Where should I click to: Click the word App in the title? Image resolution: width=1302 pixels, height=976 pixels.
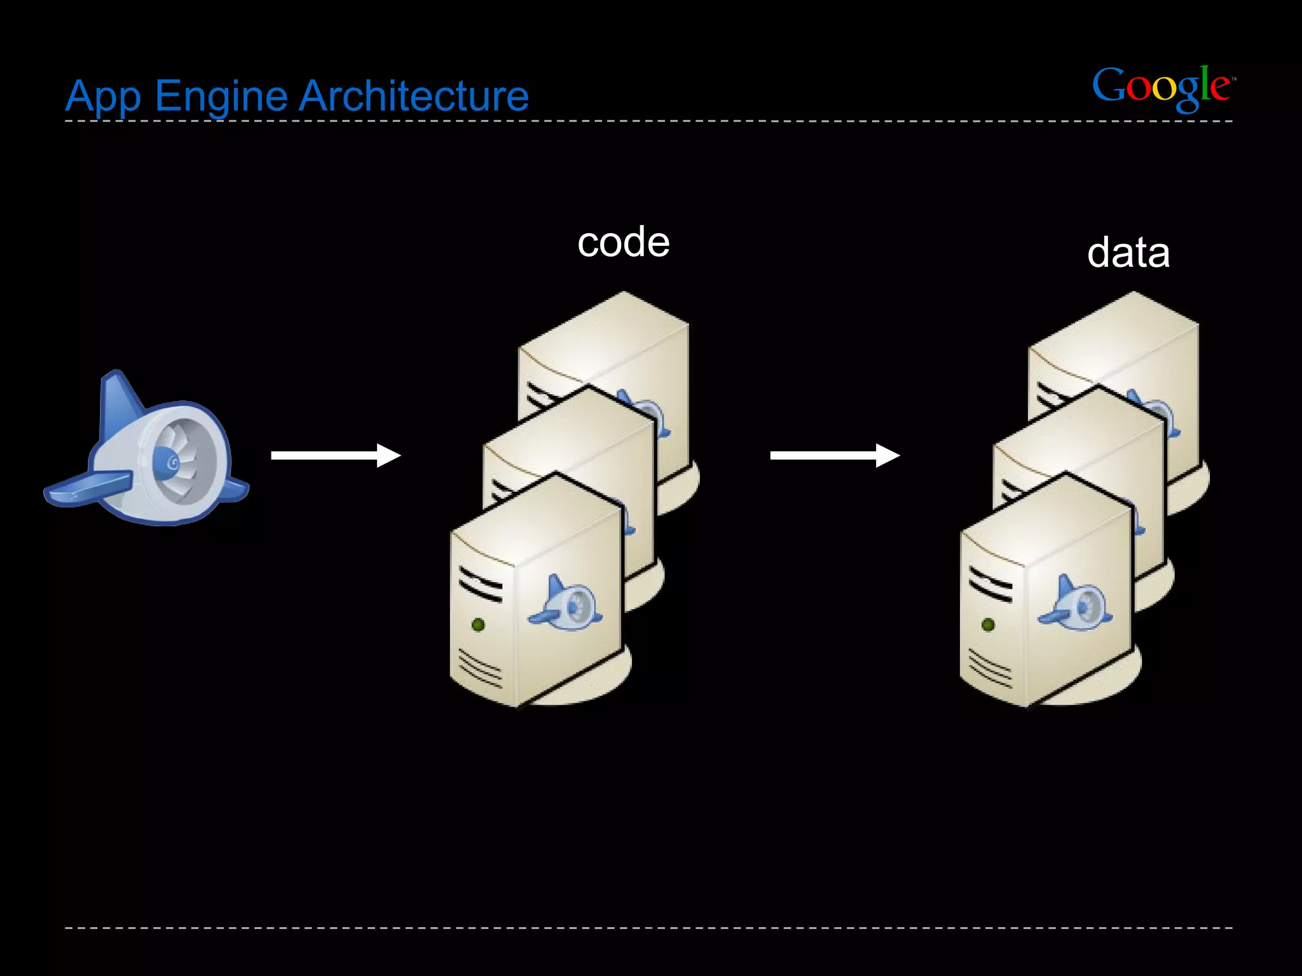coord(103,97)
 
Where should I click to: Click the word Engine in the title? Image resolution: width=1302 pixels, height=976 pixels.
coord(221,97)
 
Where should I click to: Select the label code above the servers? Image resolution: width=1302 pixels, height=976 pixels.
coord(623,243)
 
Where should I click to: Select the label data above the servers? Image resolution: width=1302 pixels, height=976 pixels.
coord(1128,253)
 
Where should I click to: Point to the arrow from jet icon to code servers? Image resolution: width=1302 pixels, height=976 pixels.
coord(335,455)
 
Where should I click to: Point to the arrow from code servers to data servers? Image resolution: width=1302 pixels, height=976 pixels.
coord(834,455)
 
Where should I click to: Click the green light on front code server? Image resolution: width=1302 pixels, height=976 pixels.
coord(478,625)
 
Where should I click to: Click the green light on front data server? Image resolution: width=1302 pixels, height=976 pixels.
coord(988,625)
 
